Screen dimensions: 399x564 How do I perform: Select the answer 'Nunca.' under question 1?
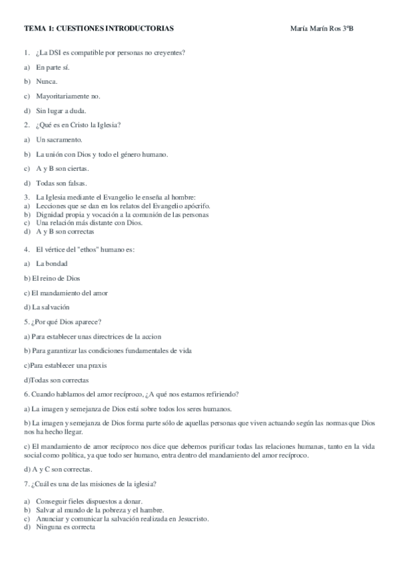(47, 81)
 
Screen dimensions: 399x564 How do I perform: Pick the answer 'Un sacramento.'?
(59, 140)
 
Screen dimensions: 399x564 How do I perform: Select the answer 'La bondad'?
(52, 264)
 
